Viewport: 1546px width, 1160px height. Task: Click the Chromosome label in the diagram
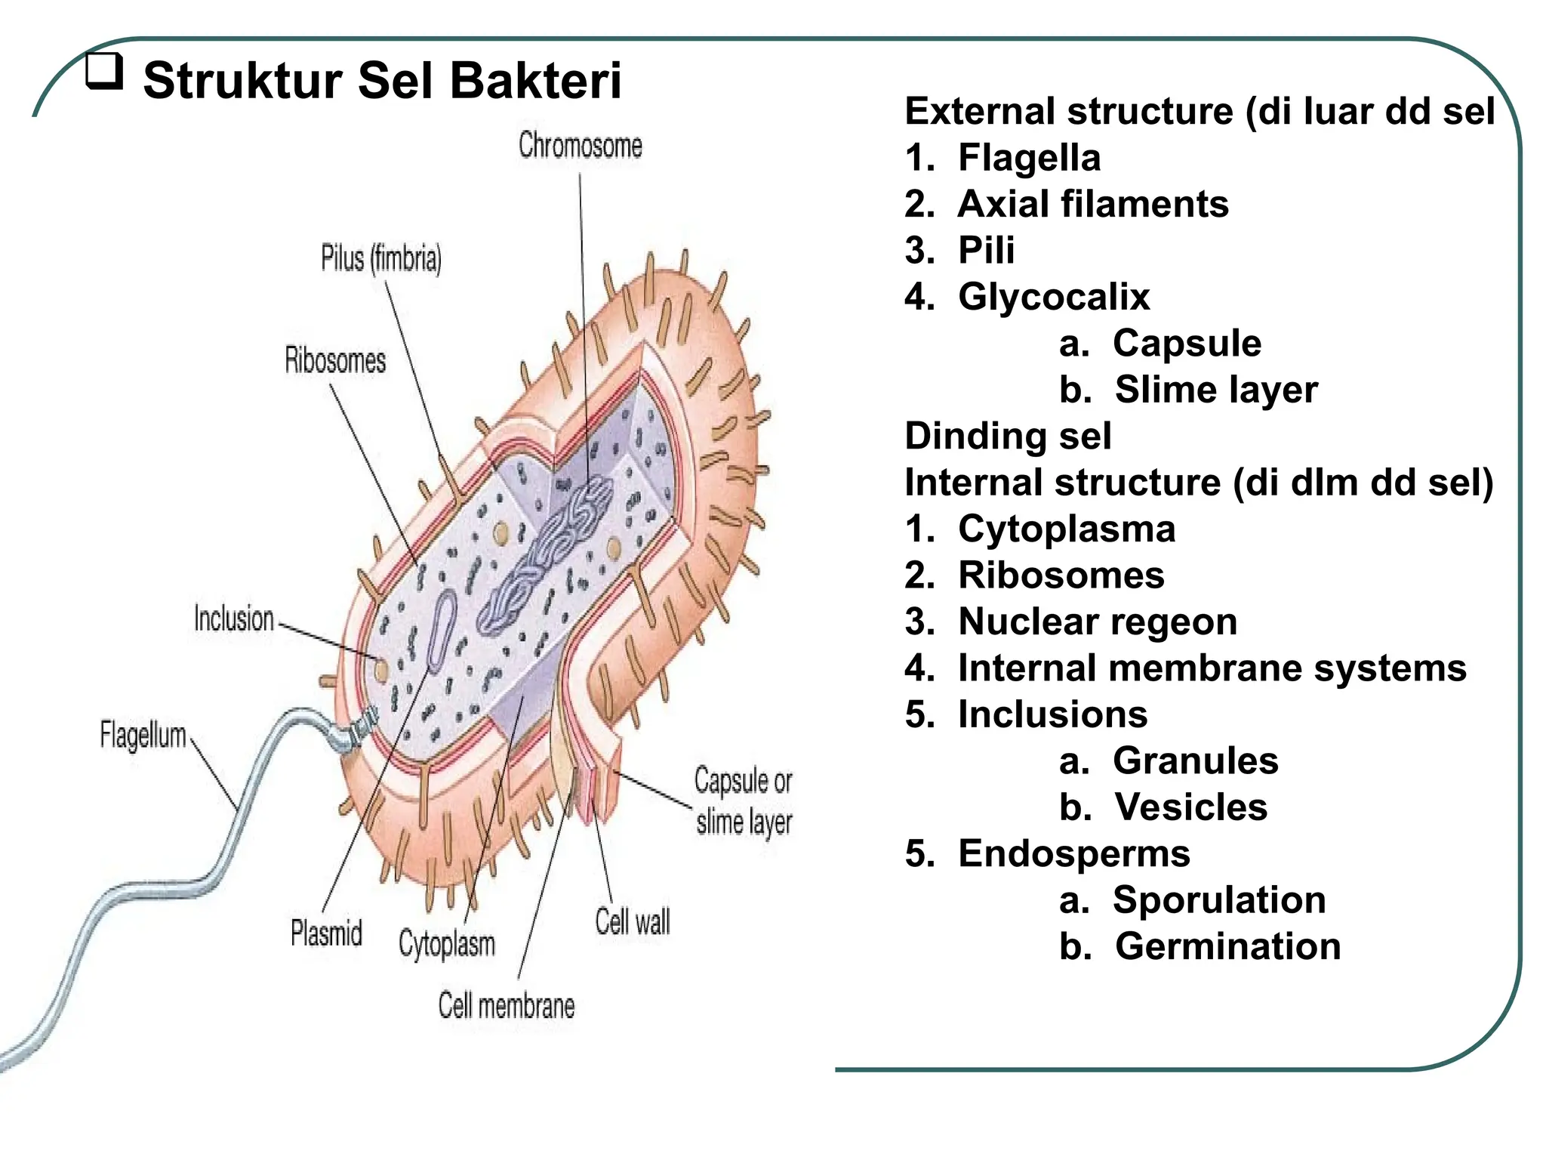coord(580,146)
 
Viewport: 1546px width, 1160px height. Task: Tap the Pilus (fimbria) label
coord(381,259)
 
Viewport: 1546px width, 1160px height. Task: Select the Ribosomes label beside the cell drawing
coord(335,360)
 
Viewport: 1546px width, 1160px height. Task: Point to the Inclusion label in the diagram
coord(234,619)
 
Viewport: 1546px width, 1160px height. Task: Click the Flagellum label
coord(143,735)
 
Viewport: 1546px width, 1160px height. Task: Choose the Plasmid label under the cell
coord(326,933)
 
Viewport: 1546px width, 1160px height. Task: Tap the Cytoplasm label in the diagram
coord(447,944)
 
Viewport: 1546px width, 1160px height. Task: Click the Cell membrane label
coord(507,1006)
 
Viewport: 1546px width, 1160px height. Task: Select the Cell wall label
coord(632,922)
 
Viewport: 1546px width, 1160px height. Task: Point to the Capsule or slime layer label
coord(744,801)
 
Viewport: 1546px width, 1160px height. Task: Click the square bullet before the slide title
coord(103,72)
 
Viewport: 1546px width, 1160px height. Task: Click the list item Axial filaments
coord(1092,204)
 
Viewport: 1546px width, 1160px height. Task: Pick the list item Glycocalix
coord(1053,297)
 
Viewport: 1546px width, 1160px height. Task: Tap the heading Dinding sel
coord(1008,437)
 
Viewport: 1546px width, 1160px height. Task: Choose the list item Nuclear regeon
coord(1097,622)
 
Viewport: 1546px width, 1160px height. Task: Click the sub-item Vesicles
coord(1190,807)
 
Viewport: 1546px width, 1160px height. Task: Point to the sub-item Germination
coord(1227,947)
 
